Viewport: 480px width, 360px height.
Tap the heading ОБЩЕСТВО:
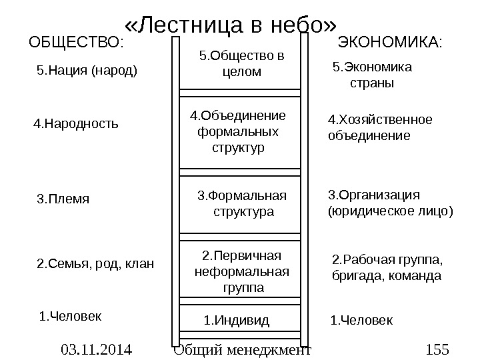point(76,44)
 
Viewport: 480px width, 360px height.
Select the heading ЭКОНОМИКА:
point(391,44)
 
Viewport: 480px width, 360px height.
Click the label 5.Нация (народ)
point(85,69)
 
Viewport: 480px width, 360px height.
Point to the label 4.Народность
point(76,123)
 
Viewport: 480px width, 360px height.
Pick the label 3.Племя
point(63,199)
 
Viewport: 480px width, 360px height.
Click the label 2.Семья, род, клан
point(94,264)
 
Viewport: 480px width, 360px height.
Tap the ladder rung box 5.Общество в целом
point(241,63)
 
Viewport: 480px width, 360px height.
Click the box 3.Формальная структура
point(241,204)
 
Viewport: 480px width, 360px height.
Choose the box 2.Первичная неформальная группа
point(241,272)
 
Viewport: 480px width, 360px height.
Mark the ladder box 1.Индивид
point(236,321)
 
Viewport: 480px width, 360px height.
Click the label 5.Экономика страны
point(372,75)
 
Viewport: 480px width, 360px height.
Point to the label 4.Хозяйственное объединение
point(380,127)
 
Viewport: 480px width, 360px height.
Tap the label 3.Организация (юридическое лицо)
point(391,203)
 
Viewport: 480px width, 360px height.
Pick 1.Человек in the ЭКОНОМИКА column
point(362,321)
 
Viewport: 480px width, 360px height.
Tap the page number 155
point(437,349)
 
